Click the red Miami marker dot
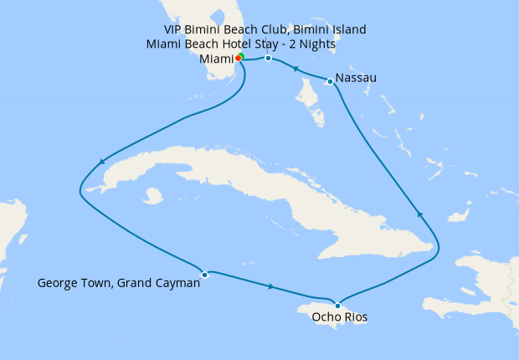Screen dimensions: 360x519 [238, 58]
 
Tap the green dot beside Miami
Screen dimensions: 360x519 [241, 56]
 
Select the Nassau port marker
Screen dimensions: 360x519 [331, 81]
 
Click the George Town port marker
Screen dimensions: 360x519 [204, 274]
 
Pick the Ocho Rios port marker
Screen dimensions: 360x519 [337, 305]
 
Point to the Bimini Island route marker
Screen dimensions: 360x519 [268, 58]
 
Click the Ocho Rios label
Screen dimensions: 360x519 [338, 318]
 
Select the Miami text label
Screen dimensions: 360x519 [216, 59]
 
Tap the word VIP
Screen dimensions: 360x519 [174, 30]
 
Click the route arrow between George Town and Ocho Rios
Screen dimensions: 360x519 [270, 287]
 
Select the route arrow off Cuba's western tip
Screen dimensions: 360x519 [102, 162]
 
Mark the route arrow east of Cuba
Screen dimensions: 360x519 [420, 215]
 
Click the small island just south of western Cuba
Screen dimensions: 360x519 [152, 196]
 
